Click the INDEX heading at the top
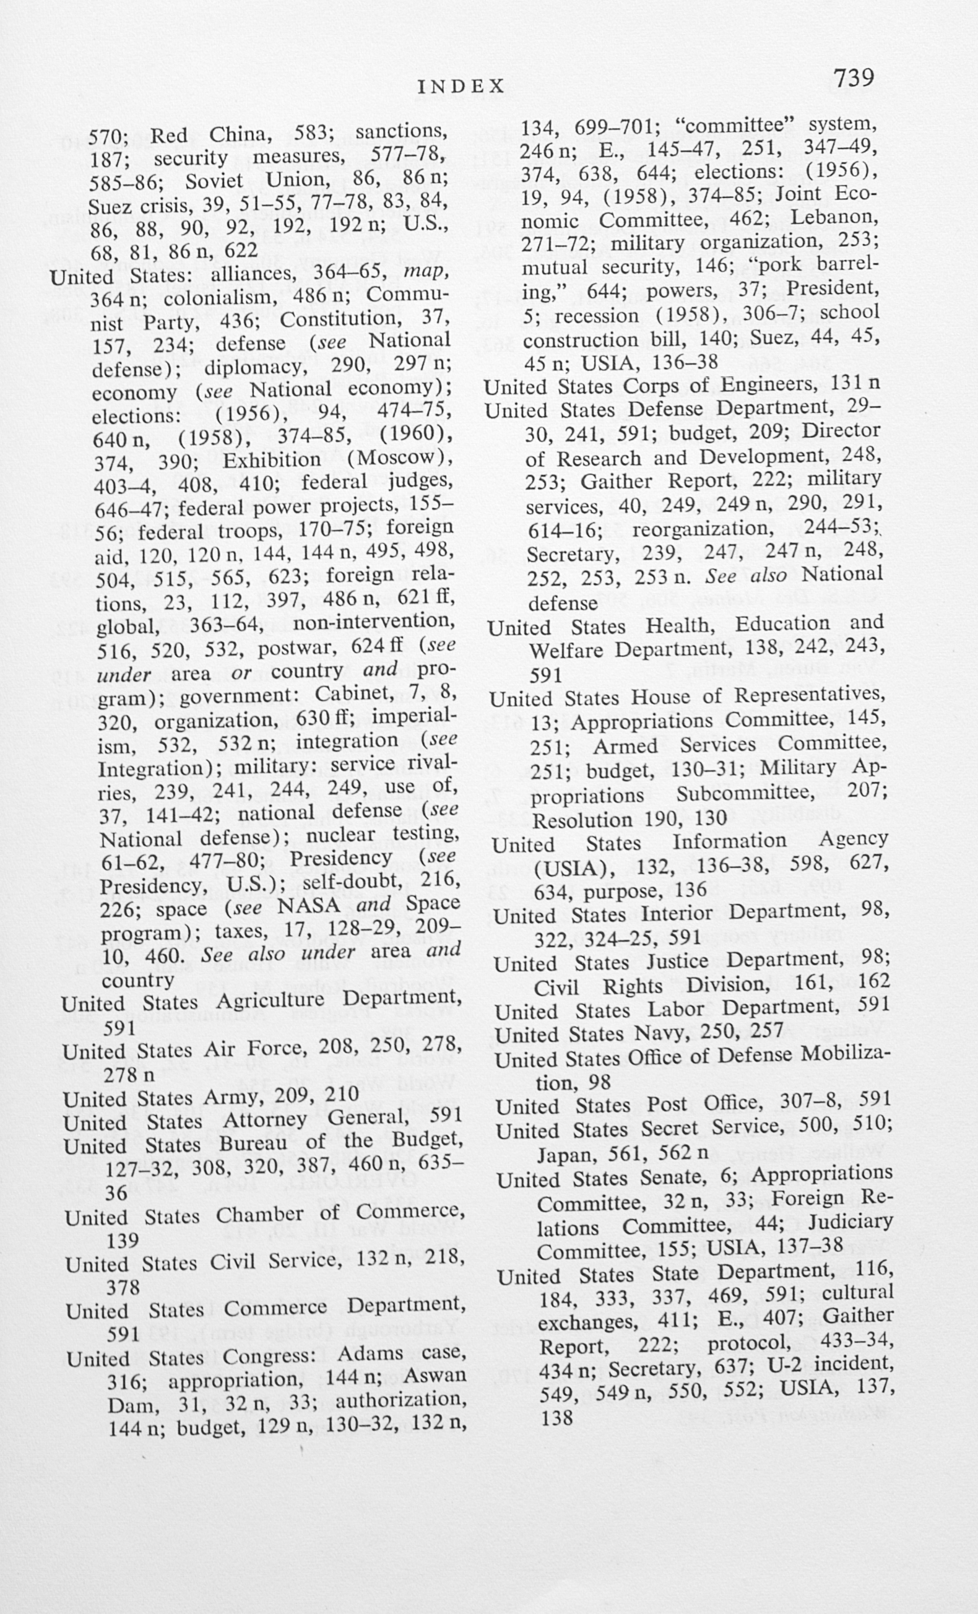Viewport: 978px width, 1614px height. [x=461, y=87]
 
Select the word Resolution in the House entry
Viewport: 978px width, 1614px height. [x=581, y=819]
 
